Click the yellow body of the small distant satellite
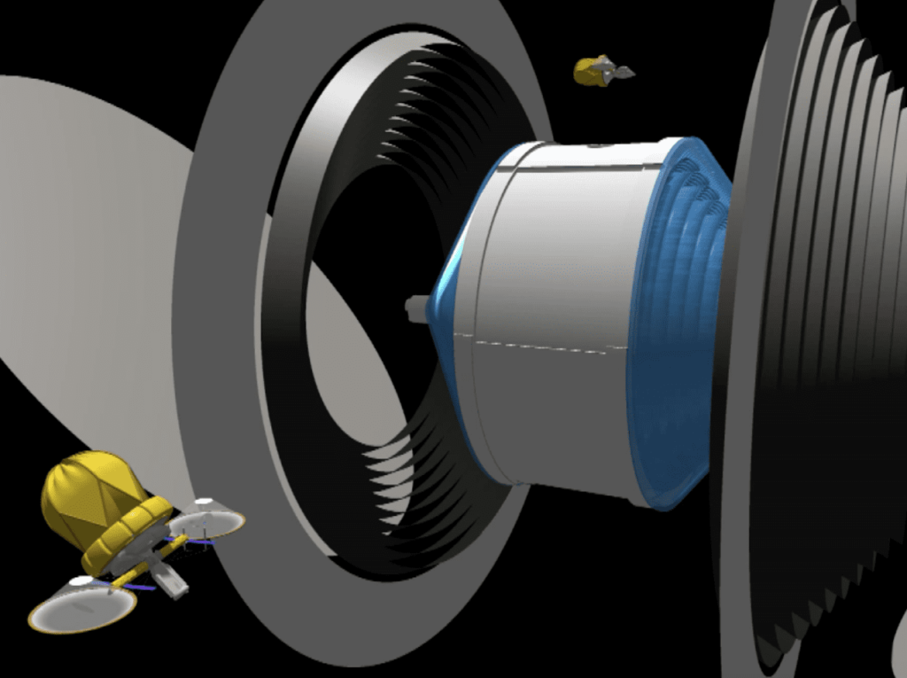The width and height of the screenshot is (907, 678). pos(588,71)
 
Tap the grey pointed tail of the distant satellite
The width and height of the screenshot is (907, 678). pos(623,73)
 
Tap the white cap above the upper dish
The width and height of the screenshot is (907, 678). pos(204,502)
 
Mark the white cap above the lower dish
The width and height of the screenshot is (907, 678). pos(81,581)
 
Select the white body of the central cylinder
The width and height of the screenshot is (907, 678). pos(549,266)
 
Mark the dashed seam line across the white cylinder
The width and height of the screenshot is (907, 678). pos(531,344)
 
